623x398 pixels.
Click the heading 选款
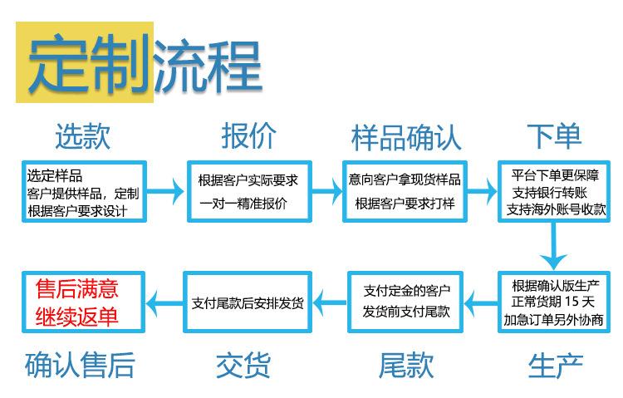pyautogui.click(x=82, y=136)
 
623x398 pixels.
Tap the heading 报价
pyautogui.click(x=248, y=136)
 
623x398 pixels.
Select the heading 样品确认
pyautogui.click(x=406, y=138)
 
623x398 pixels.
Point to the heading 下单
pyautogui.click(x=554, y=136)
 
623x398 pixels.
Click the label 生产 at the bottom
pyautogui.click(x=556, y=366)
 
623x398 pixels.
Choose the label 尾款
pyautogui.click(x=406, y=365)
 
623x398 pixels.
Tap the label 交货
pyautogui.click(x=243, y=365)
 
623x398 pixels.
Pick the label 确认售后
pyautogui.click(x=80, y=365)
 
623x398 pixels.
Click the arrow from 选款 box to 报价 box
pyautogui.click(x=165, y=192)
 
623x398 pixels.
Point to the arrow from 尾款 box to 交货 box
pyautogui.click(x=330, y=303)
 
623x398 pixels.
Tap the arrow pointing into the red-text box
pyautogui.click(x=164, y=303)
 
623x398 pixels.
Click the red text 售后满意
pyautogui.click(x=76, y=288)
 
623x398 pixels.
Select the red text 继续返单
pyautogui.click(x=76, y=317)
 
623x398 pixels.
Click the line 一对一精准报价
pyautogui.click(x=243, y=204)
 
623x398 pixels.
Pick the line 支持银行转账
pyautogui.click(x=550, y=193)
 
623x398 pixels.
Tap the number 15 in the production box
pyautogui.click(x=571, y=302)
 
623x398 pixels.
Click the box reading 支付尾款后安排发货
pyautogui.click(x=248, y=302)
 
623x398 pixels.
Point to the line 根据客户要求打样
pyautogui.click(x=405, y=204)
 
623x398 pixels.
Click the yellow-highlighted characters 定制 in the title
pyautogui.click(x=88, y=62)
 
